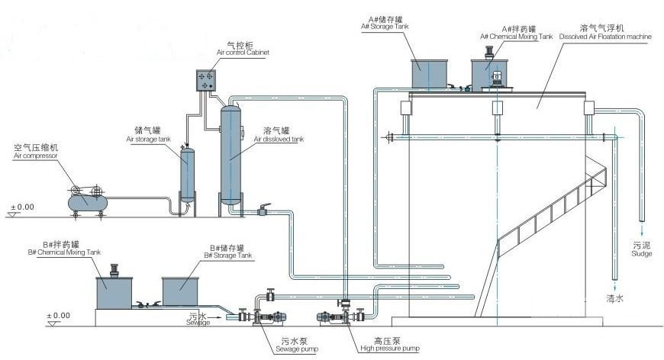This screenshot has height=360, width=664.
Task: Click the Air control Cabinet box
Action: tap(208, 81)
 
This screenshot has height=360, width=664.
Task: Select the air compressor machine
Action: tap(85, 199)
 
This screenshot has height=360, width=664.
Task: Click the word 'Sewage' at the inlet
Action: tap(198, 323)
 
